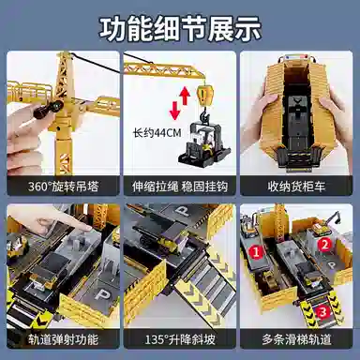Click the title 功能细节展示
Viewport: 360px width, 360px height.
(180, 30)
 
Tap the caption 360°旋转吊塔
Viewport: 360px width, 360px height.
(64, 187)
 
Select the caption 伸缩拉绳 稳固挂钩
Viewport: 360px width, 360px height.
(180, 187)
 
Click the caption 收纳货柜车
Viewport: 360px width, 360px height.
(296, 187)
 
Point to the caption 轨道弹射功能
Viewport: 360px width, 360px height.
(64, 339)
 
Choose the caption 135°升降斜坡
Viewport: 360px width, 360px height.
(180, 339)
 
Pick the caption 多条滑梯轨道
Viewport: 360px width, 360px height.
(296, 339)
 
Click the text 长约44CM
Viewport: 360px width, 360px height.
(157, 133)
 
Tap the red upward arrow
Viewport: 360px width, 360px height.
(185, 96)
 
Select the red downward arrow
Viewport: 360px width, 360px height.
(174, 111)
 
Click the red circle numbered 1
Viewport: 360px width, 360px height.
(256, 252)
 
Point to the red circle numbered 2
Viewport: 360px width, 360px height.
(325, 245)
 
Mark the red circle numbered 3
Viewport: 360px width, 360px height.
(322, 311)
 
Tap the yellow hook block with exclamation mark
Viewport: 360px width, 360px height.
(205, 95)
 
